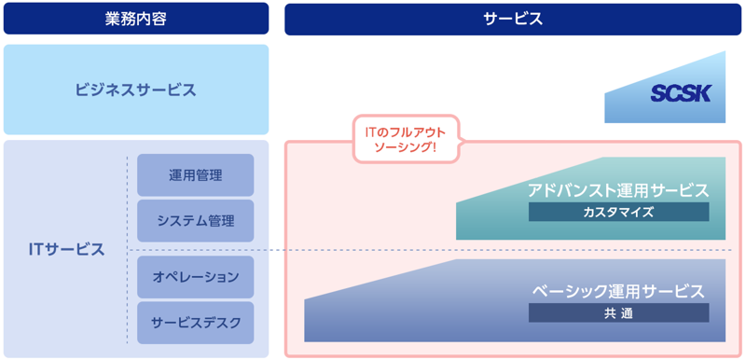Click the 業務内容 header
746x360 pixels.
pos(136,19)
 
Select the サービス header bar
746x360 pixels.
pos(513,19)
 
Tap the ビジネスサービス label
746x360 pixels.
pos(136,90)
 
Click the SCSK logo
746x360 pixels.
pos(681,93)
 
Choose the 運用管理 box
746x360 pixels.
pos(195,175)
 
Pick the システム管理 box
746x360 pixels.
pos(195,221)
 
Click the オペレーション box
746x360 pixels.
pos(195,277)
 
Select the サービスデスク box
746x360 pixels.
pos(195,323)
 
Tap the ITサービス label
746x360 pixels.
pos(66,250)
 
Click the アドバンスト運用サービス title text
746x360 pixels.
pos(617,190)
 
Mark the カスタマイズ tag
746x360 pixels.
pos(618,213)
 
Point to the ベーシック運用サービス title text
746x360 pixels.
pos(618,292)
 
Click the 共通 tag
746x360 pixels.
pos(618,313)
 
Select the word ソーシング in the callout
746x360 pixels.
pos(400,148)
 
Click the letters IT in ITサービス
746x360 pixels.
pos(36,250)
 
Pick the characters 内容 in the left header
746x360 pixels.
pos(152,19)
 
